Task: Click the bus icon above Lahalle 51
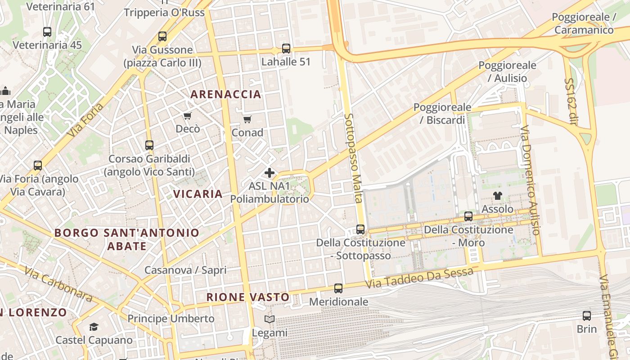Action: pos(286,48)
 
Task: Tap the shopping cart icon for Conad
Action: pos(247,119)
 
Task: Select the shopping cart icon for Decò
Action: pos(188,116)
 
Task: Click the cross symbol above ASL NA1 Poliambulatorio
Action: pos(270,173)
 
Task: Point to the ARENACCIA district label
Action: pos(225,94)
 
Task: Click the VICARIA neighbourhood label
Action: pos(198,194)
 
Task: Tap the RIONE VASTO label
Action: pos(247,297)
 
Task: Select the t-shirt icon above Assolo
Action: pos(497,196)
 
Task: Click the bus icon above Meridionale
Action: pos(338,288)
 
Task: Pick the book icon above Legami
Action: pos(270,319)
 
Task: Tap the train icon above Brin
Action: pos(587,315)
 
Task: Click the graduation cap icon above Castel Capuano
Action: pos(94,327)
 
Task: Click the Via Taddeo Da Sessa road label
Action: pos(419,278)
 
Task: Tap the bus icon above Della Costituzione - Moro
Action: pos(468,216)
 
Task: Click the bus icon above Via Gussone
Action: pos(162,36)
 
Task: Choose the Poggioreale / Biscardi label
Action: pos(442,113)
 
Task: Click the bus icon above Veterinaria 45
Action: pos(47,32)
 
